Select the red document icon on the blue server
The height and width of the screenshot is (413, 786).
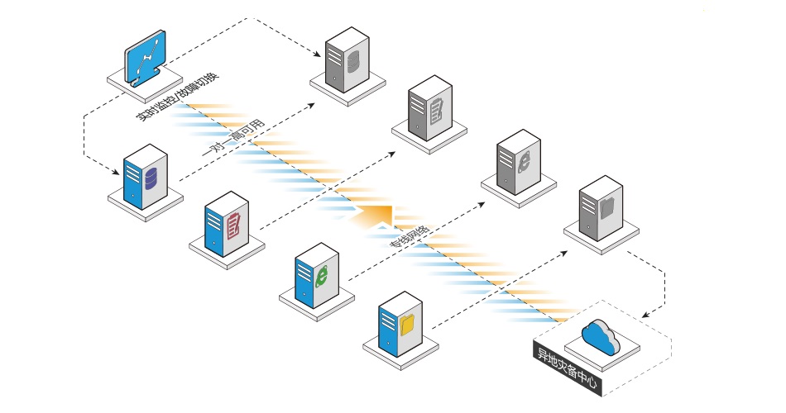click(x=234, y=225)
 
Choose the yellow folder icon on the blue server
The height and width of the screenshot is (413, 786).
click(x=407, y=325)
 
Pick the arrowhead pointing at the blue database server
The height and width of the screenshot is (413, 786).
click(x=118, y=172)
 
